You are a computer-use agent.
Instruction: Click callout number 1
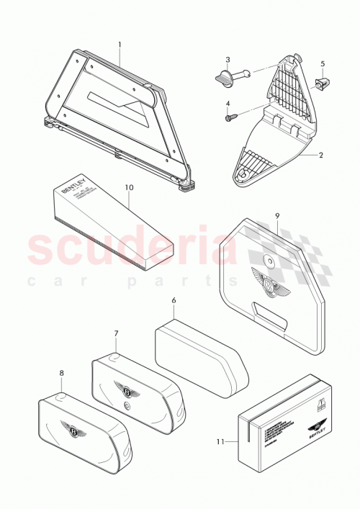[120, 44]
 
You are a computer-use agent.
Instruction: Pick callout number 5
[323, 64]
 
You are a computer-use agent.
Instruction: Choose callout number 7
[115, 334]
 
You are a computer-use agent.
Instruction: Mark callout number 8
[61, 373]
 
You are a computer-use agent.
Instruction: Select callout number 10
[129, 187]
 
